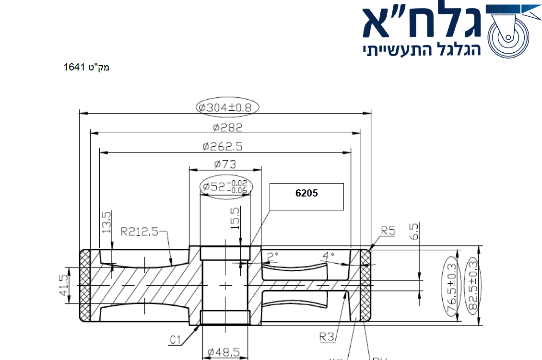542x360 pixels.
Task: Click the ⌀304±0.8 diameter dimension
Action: coord(227,107)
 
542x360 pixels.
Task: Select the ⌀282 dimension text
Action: coord(228,127)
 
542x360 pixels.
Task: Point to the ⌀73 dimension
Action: coord(225,164)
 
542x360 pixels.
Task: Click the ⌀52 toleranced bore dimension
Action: coord(226,187)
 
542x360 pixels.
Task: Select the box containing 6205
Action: coord(306,196)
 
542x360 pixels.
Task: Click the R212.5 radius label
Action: coord(140,232)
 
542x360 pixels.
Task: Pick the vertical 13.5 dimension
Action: coord(107,221)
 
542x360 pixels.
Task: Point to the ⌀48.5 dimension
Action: coord(224,353)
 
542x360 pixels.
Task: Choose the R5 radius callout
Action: coord(388,232)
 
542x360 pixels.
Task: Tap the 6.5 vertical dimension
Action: coord(415,231)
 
